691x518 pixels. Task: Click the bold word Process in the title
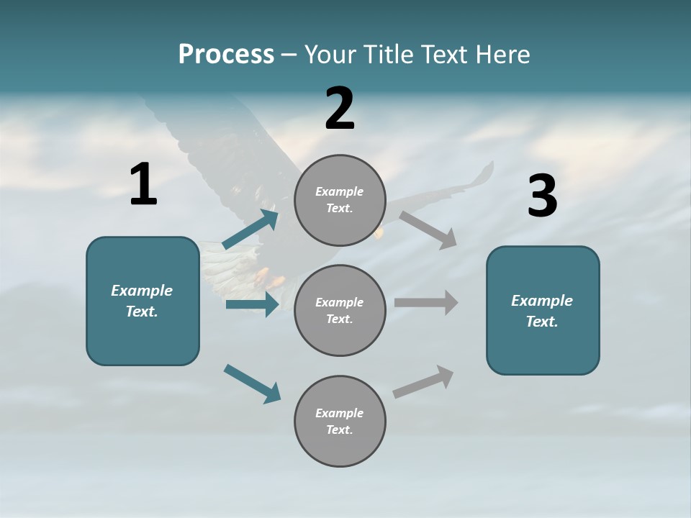point(226,55)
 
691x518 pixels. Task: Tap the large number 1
point(143,184)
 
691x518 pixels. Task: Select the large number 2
point(340,109)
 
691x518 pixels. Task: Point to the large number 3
point(543,196)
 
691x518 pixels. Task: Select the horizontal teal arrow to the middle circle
point(252,304)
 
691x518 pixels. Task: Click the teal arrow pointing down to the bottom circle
point(252,383)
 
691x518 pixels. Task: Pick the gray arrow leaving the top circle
point(428,229)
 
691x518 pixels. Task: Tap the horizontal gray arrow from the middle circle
point(426,302)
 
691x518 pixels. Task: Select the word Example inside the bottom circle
point(340,413)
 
